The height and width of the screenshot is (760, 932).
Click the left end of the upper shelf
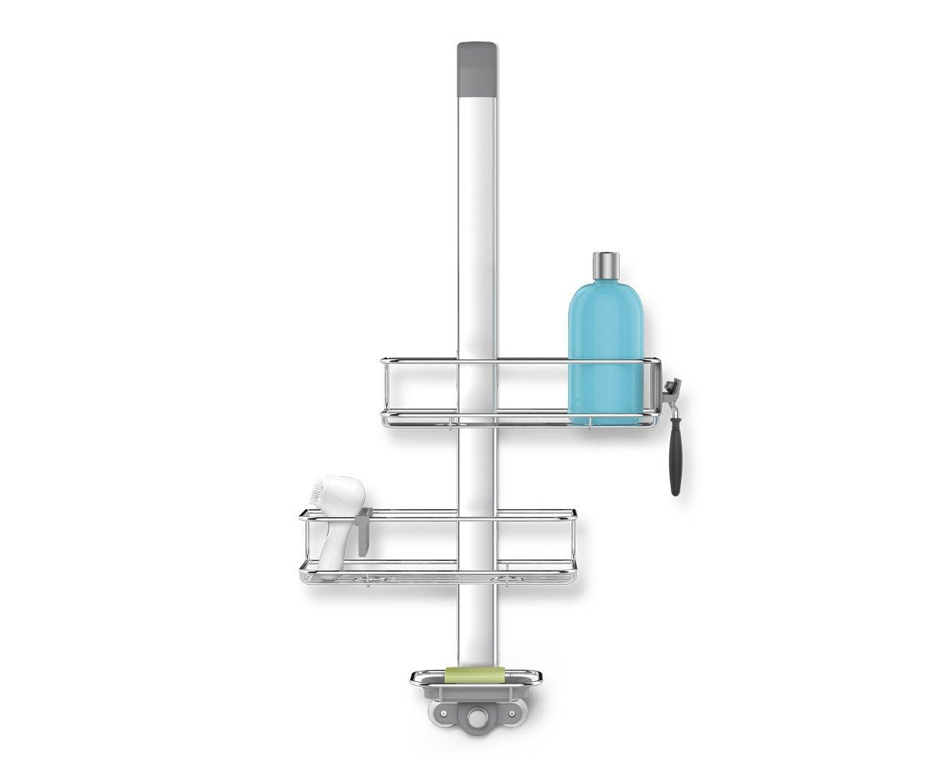point(384,390)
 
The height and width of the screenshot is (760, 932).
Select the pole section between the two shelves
point(477,470)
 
